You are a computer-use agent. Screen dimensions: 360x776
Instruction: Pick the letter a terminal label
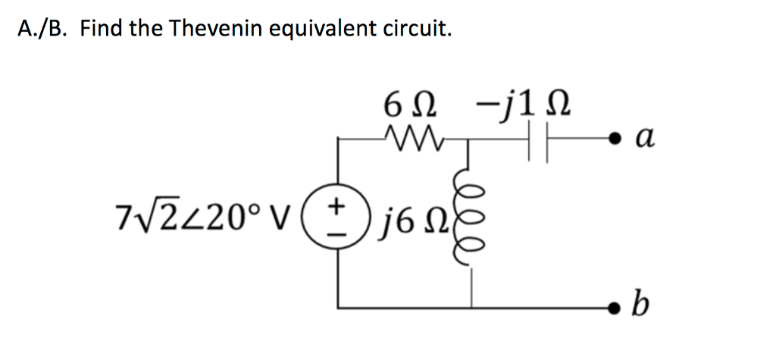pyautogui.click(x=643, y=138)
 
